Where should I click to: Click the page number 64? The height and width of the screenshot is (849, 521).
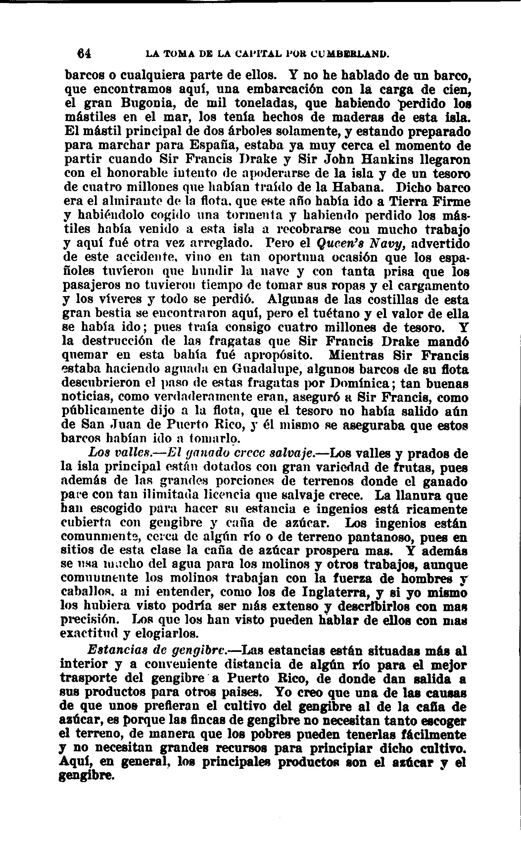[84, 53]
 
